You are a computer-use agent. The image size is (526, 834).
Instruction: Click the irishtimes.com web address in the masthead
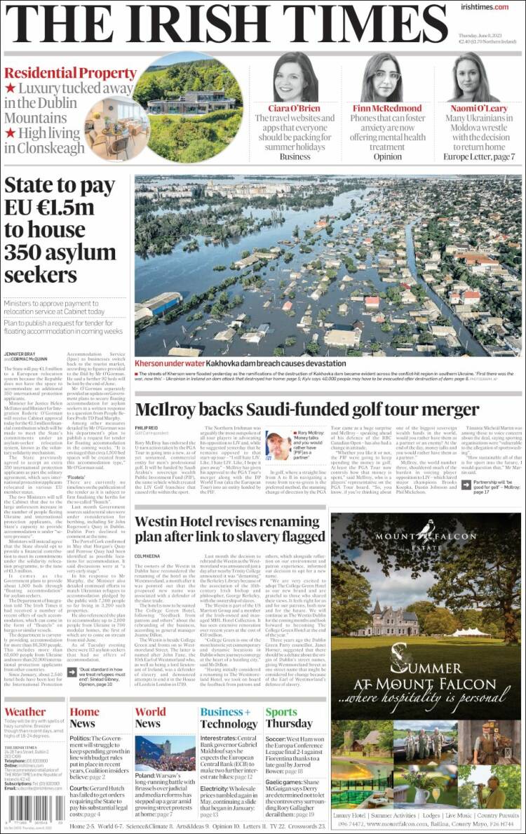pos(485,7)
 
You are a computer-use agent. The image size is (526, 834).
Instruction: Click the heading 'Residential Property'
pos(60,73)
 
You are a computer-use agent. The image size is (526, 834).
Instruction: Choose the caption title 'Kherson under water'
pos(169,364)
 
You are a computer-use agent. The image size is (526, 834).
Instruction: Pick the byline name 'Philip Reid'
pos(147,429)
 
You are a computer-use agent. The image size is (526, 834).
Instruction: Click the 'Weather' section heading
pos(25,712)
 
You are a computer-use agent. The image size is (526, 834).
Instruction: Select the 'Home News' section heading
pos(83,718)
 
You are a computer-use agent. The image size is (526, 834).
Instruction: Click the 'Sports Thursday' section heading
pos(288,718)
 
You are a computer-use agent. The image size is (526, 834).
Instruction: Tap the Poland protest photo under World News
pos(165,753)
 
